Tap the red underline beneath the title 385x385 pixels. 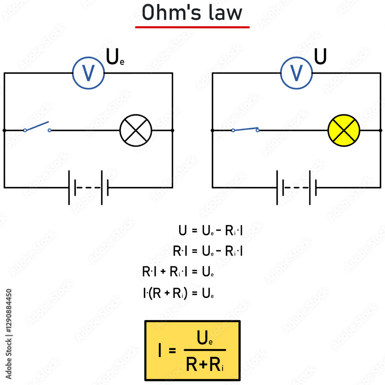(x=192, y=27)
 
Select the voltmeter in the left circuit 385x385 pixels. (x=89, y=73)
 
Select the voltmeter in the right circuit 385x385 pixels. (x=296, y=73)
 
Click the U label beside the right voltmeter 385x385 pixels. (x=321, y=57)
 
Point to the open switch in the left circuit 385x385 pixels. (x=37, y=127)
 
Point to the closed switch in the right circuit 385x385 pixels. (x=245, y=129)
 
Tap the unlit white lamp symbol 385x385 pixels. (x=136, y=131)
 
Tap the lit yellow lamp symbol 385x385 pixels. (x=343, y=131)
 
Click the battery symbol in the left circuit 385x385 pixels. (x=89, y=187)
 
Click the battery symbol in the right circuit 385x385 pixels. (x=296, y=187)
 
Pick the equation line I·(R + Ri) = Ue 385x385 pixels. (x=178, y=294)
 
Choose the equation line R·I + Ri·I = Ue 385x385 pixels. (x=178, y=273)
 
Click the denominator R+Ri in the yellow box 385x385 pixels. (x=204, y=365)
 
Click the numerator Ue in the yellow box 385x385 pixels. (x=204, y=339)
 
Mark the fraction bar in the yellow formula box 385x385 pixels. (x=204, y=350)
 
